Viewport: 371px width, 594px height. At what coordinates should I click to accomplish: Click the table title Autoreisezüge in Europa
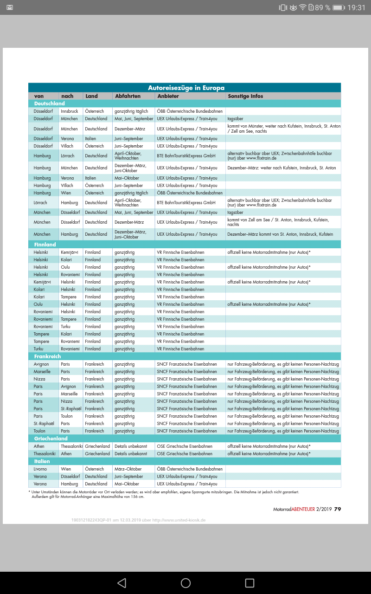click(186, 88)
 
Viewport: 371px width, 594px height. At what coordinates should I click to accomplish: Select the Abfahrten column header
click(125, 96)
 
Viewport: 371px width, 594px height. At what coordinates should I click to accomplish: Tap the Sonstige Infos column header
click(245, 96)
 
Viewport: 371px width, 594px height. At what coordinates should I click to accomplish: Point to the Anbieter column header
click(168, 96)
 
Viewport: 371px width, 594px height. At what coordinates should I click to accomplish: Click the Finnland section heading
click(45, 245)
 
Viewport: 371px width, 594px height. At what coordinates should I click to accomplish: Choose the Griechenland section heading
click(51, 439)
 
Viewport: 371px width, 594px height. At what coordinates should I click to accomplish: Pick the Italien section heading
click(42, 461)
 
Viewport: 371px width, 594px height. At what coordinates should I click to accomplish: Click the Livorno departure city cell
click(41, 469)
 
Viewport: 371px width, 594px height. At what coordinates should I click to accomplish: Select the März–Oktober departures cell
click(128, 469)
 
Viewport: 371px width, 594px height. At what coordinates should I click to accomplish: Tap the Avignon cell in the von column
click(41, 364)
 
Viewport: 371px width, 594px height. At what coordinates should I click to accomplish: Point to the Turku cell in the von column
click(38, 349)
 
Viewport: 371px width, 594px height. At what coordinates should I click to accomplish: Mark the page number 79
click(338, 509)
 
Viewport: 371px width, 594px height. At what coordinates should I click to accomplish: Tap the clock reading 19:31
click(356, 7)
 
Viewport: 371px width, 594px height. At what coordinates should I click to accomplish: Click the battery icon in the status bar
click(339, 7)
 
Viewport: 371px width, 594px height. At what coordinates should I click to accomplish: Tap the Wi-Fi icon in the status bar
click(303, 7)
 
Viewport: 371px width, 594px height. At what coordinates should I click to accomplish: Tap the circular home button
click(185, 583)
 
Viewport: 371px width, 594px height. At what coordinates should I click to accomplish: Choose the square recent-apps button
click(249, 583)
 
